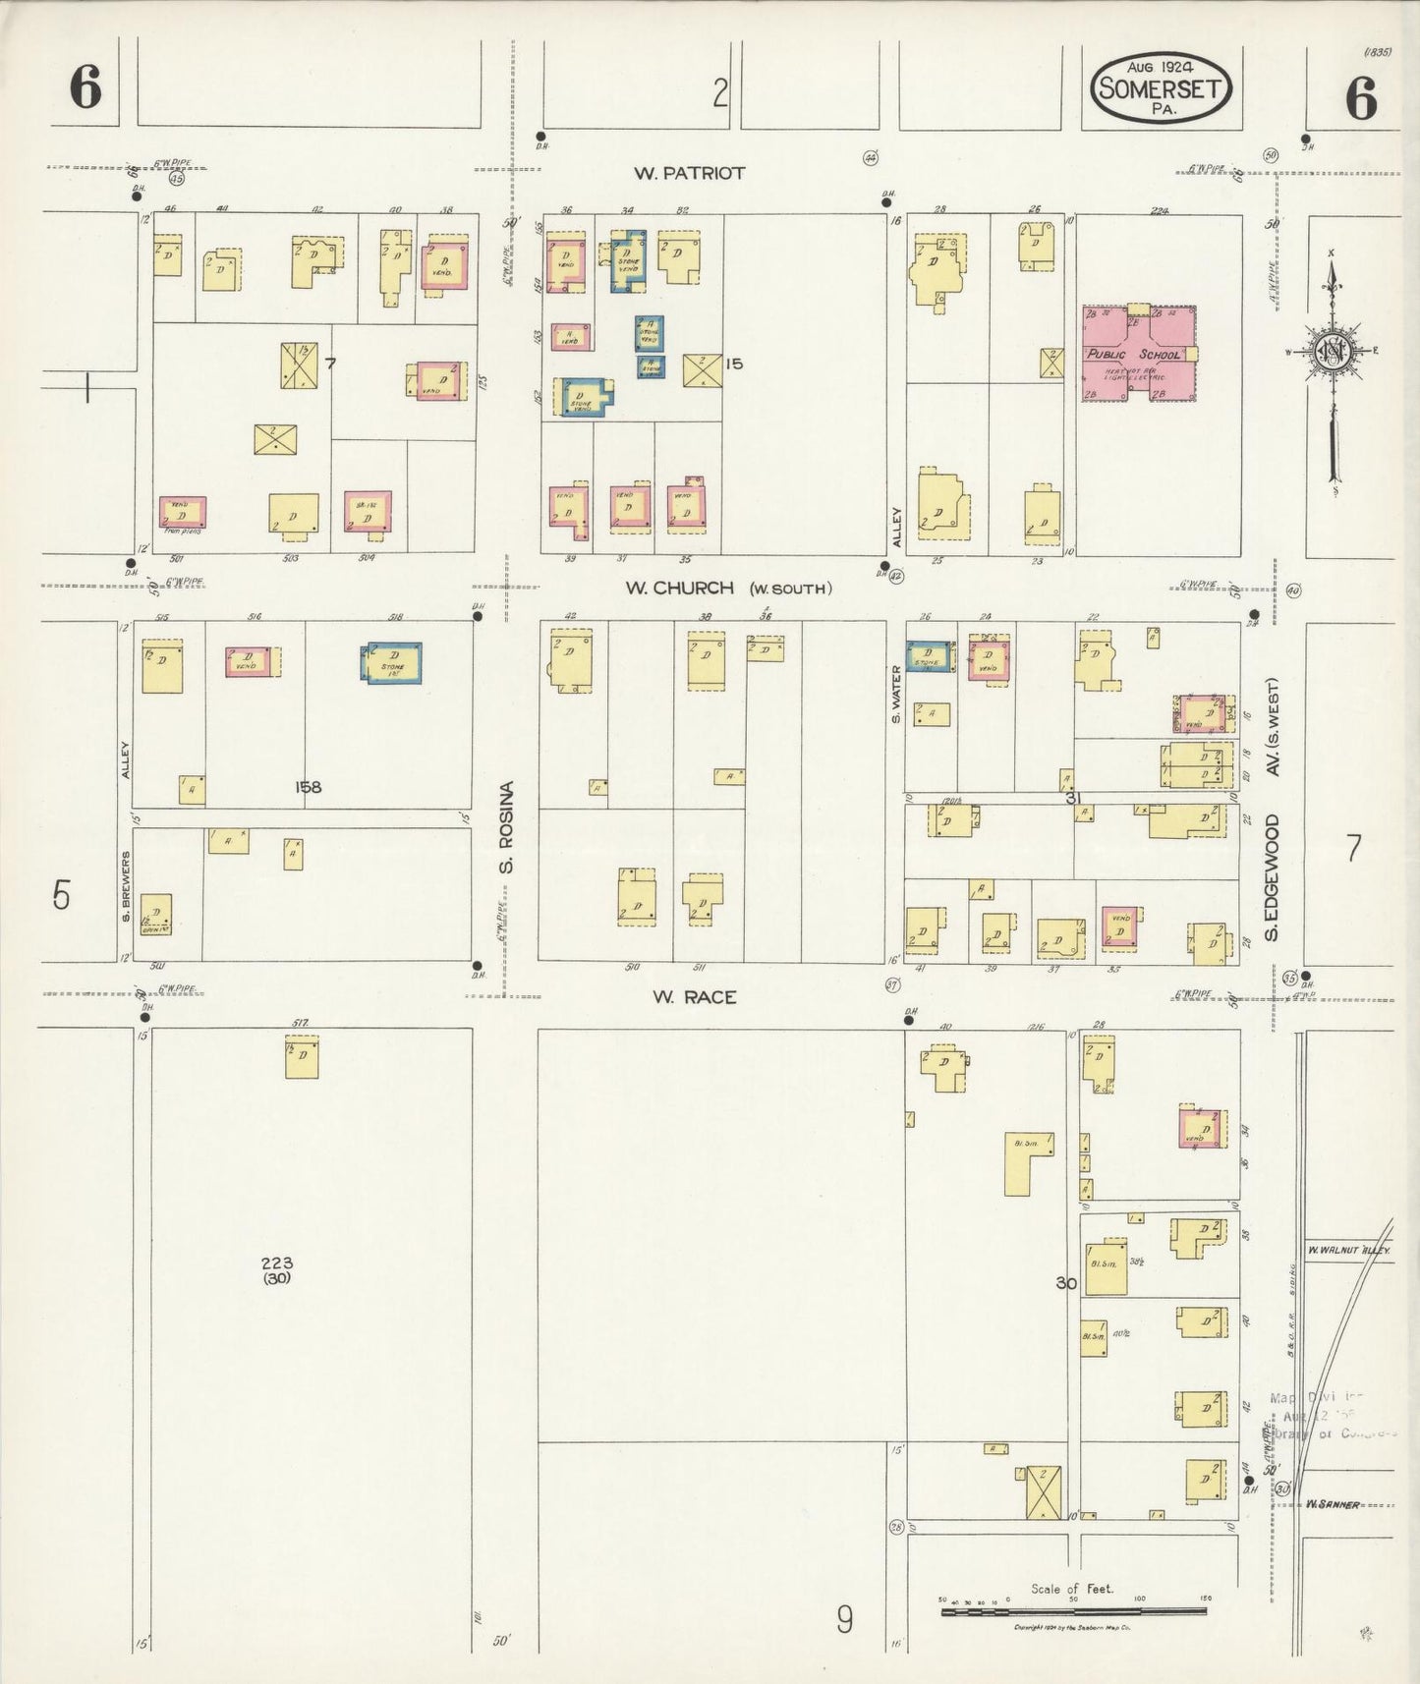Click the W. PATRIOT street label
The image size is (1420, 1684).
pyautogui.click(x=689, y=173)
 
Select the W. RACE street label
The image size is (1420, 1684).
pyautogui.click(x=695, y=997)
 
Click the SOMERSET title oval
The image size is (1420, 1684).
pyautogui.click(x=1161, y=89)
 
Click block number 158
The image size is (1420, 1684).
pyautogui.click(x=308, y=787)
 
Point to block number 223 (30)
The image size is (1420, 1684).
pyautogui.click(x=277, y=1269)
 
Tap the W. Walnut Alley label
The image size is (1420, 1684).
pyautogui.click(x=1337, y=1252)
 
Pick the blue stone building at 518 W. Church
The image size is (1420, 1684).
pyautogui.click(x=393, y=662)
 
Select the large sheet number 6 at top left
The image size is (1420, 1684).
pyautogui.click(x=85, y=90)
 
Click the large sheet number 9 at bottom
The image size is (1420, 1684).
pyautogui.click(x=843, y=1619)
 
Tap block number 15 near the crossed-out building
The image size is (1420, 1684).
pyautogui.click(x=733, y=364)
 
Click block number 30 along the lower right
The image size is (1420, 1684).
pyautogui.click(x=1065, y=1283)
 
